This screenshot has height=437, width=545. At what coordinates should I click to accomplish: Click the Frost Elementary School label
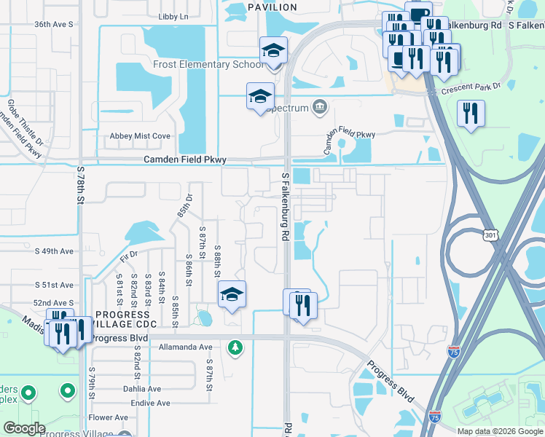click(208, 64)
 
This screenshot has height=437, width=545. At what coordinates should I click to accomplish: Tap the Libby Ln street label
click(173, 16)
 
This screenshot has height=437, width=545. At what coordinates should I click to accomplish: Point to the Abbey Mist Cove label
click(140, 136)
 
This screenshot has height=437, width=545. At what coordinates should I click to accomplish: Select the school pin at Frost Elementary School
click(274, 51)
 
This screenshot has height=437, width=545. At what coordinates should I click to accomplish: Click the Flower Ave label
click(109, 417)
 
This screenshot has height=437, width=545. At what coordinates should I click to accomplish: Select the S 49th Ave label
click(55, 251)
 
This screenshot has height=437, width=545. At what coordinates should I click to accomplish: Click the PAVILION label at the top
click(272, 7)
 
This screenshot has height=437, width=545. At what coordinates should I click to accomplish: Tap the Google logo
click(23, 428)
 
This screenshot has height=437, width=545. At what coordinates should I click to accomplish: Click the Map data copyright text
click(500, 431)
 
